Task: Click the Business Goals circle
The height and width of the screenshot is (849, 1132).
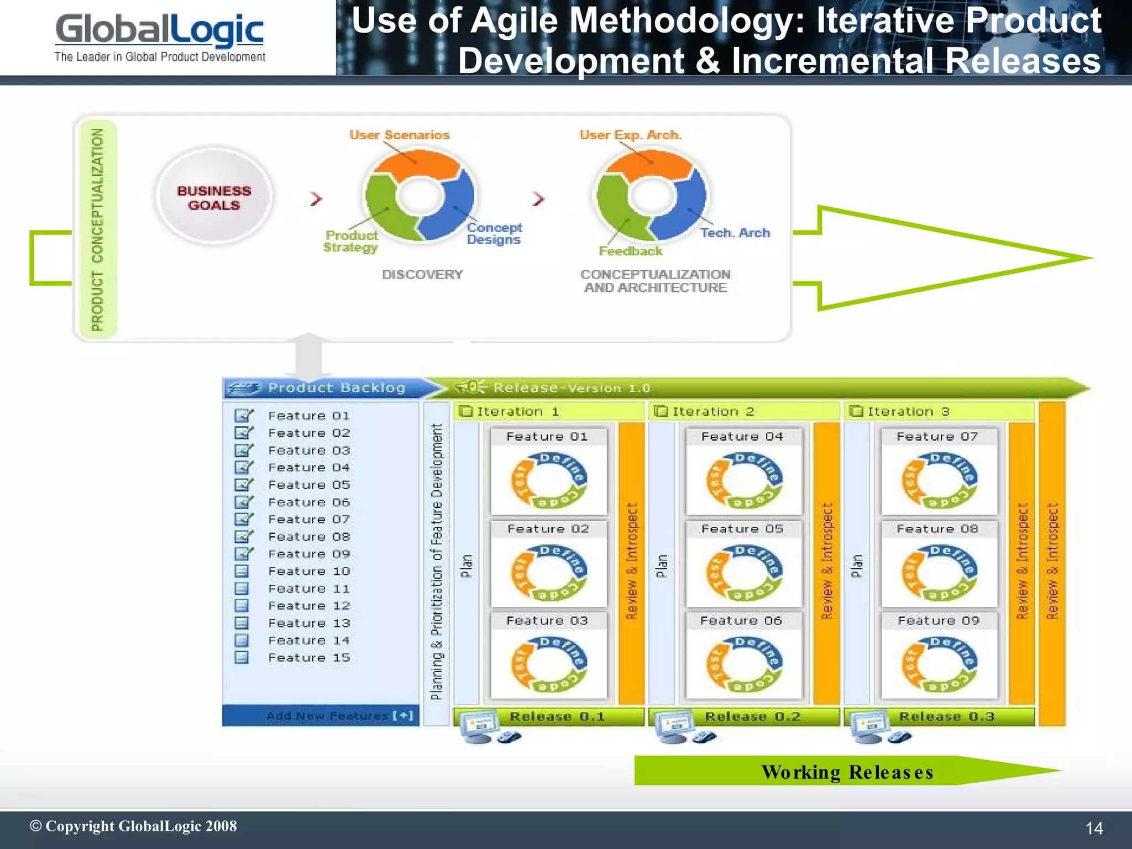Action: [214, 196]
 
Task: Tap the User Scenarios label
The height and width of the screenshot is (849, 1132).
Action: [399, 135]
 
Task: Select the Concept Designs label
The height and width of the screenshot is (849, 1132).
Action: [494, 233]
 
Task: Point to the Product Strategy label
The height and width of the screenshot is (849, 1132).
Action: [351, 242]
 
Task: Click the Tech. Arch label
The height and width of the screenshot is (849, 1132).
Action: [735, 233]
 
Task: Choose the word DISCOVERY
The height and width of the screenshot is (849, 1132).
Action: [422, 274]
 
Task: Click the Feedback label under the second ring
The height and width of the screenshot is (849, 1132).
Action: [630, 251]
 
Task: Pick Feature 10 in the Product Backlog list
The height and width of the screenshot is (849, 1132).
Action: [308, 571]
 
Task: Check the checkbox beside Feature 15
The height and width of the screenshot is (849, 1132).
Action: [242, 657]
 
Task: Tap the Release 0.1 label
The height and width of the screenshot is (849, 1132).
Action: [557, 716]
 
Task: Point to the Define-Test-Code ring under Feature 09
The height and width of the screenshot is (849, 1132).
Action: [939, 664]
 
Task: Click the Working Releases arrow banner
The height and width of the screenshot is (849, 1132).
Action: [847, 771]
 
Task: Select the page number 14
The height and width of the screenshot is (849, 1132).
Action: [1094, 828]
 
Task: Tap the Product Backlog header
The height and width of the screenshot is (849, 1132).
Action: [336, 388]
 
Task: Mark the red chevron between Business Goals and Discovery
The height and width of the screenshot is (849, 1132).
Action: [316, 198]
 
